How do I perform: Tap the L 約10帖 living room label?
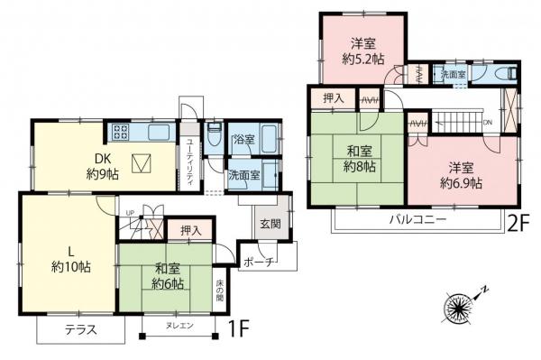(x=69, y=258)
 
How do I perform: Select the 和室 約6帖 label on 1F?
(x=169, y=276)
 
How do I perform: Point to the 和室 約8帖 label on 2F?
(x=353, y=159)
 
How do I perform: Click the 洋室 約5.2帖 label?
(x=363, y=51)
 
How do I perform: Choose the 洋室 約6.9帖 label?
(x=461, y=174)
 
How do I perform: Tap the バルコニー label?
(x=418, y=219)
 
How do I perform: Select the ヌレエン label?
(x=179, y=326)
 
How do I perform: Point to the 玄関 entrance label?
(x=270, y=223)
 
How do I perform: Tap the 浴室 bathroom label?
(x=243, y=140)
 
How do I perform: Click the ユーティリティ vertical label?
(x=189, y=162)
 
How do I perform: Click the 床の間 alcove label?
(x=219, y=290)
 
